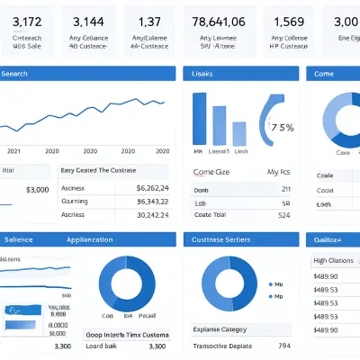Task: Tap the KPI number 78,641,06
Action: pos(219,22)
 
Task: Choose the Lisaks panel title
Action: pos(204,74)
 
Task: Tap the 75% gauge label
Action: pos(282,127)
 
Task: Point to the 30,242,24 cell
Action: pos(147,215)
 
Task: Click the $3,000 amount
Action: pos(38,190)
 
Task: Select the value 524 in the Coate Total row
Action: pos(284,215)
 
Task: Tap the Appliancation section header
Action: pos(89,240)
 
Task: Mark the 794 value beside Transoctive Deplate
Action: pos(284,346)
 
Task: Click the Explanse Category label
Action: pos(224,329)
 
